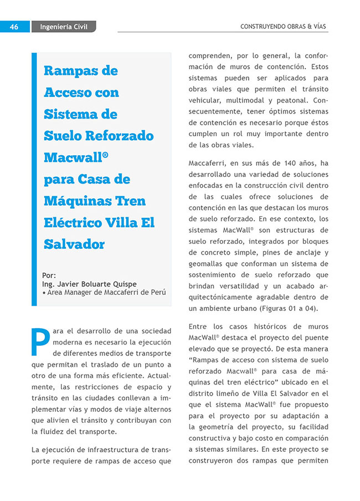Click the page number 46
click(x=14, y=27)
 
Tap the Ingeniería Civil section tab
click(x=64, y=27)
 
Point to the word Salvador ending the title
click(x=74, y=244)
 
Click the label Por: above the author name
click(x=49, y=275)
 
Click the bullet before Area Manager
click(x=44, y=293)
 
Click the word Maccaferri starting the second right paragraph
click(x=209, y=163)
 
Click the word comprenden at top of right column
click(x=211, y=56)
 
